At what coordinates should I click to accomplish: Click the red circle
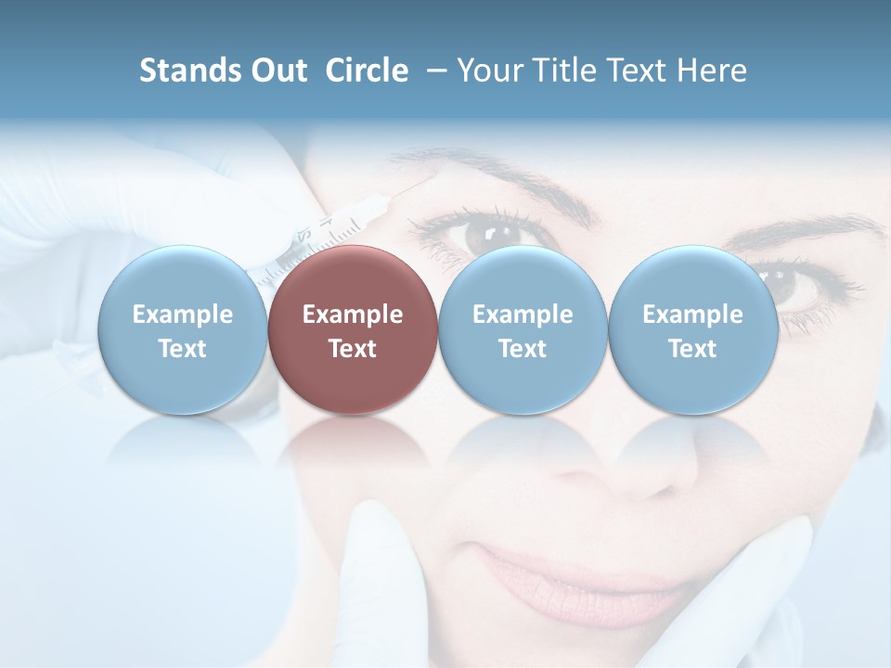tap(353, 329)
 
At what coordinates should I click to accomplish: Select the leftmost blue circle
tap(182, 329)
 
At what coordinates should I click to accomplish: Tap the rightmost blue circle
tap(692, 329)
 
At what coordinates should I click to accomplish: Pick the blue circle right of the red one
tap(523, 329)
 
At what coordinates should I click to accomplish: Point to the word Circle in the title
tap(367, 71)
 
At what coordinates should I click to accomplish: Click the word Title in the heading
tap(564, 71)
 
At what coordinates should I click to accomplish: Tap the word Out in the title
tap(277, 71)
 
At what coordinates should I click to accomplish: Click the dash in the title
tap(433, 71)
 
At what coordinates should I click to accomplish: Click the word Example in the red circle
tap(353, 315)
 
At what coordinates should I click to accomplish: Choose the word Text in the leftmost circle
tap(182, 349)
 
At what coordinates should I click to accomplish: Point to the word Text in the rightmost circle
tap(692, 349)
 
